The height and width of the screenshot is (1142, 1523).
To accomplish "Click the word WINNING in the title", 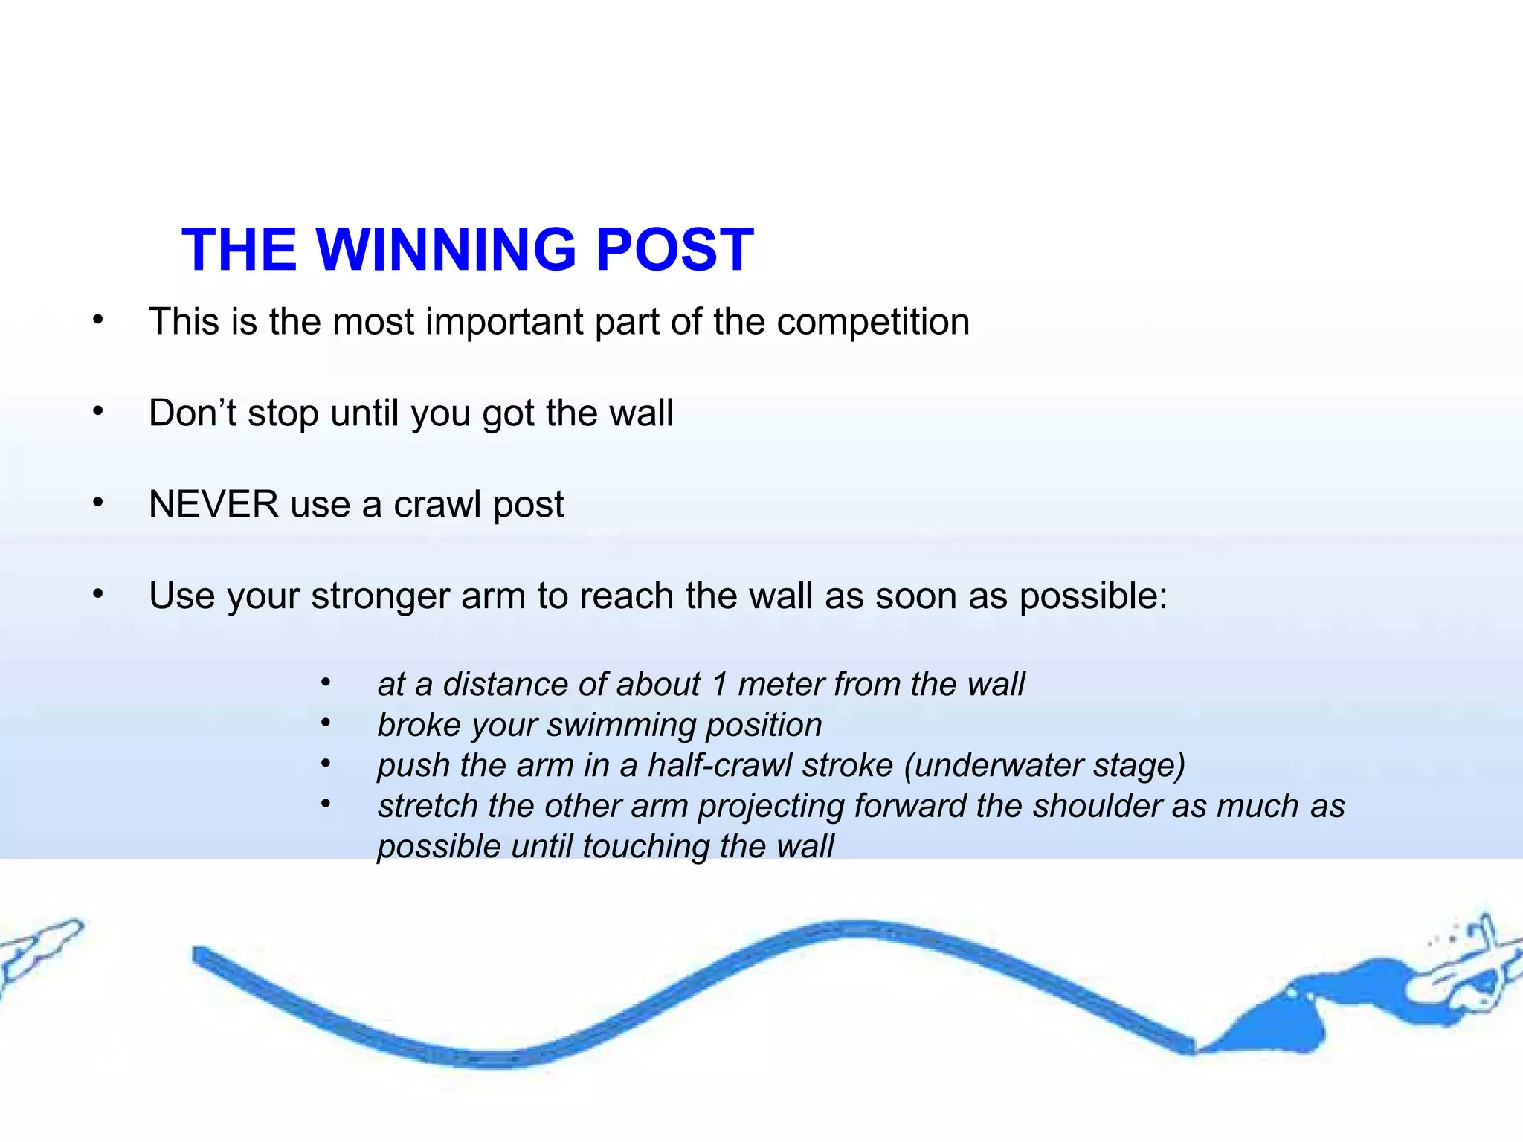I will (446, 250).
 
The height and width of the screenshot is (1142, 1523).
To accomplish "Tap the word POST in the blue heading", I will (674, 250).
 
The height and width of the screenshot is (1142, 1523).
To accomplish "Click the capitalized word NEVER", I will (214, 505).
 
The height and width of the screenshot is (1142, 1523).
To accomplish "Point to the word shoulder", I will (1096, 807).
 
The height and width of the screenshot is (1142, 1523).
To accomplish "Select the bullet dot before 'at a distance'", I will (326, 681).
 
